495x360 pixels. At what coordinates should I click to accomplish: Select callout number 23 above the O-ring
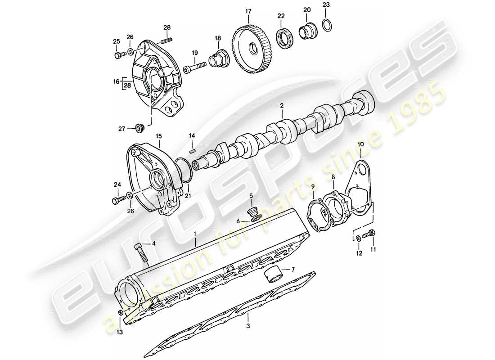click(326, 5)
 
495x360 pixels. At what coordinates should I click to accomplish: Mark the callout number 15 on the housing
click(158, 135)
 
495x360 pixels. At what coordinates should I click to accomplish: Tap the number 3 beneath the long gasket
click(247, 325)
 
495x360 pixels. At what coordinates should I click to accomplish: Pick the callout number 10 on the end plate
click(360, 144)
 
